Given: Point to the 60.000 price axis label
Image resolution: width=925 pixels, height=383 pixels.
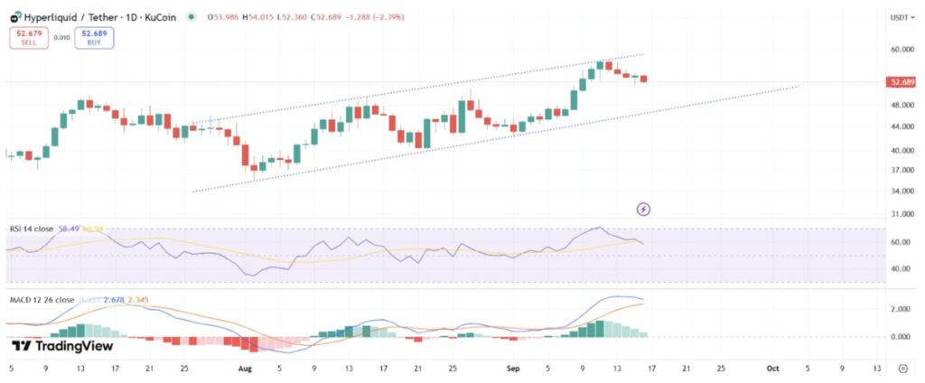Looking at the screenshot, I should point(901,50).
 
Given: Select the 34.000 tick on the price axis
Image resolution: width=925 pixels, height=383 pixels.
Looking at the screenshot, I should point(901,191).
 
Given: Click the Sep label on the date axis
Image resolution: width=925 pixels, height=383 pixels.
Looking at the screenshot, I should point(513,369).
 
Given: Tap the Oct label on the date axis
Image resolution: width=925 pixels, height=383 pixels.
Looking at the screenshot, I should point(772,369).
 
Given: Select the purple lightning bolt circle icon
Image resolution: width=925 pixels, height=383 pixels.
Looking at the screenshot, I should point(643,210).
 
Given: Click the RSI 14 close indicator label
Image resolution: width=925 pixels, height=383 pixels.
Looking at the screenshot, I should point(31,229).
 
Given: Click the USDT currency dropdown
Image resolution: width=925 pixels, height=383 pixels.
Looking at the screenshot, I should point(901,16).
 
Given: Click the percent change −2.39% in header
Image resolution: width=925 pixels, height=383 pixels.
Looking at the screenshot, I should point(384,16).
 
